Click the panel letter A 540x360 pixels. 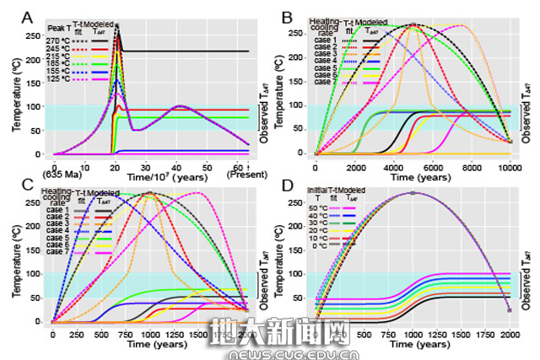pos(29,15)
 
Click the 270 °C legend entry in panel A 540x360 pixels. pos(59,40)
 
